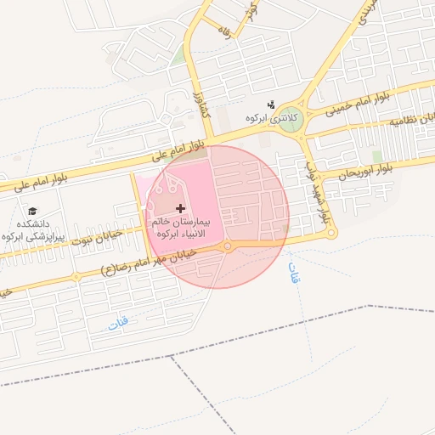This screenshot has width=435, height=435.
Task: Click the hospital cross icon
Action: [x=179, y=208]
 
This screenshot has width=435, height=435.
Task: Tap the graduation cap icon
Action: [x=33, y=211]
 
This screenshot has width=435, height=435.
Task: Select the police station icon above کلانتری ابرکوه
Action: [x=271, y=104]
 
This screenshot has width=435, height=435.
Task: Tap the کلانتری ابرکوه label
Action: [x=268, y=118]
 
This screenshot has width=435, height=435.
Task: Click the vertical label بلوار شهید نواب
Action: [x=315, y=190]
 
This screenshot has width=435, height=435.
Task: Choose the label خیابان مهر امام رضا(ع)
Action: [x=149, y=262]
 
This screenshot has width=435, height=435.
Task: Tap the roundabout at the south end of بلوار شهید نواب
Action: [x=331, y=233]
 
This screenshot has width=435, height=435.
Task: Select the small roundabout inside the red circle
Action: [x=227, y=247]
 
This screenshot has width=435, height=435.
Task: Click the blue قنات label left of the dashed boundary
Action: [x=118, y=323]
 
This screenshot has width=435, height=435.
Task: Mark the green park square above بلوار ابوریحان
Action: [x=376, y=156]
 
